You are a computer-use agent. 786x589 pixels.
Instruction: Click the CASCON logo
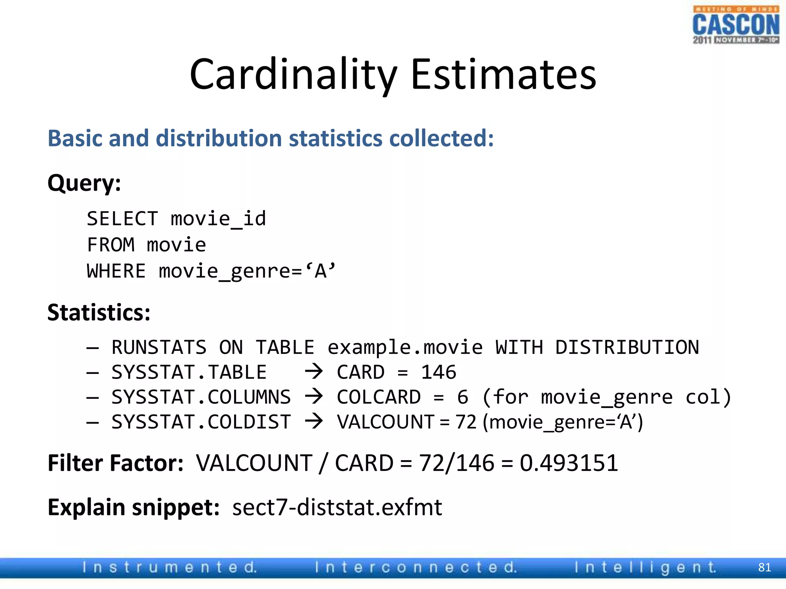tap(736, 25)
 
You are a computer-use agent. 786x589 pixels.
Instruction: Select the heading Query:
tap(84, 183)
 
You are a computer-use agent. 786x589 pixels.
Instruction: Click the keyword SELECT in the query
tap(122, 219)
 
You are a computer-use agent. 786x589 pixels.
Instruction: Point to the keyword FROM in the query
tap(111, 245)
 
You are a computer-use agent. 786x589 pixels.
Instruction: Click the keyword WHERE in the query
tap(116, 271)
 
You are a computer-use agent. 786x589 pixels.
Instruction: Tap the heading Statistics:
tap(99, 312)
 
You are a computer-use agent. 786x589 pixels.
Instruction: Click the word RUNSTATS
tap(159, 347)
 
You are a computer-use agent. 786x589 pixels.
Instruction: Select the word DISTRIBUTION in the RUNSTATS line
tap(627, 347)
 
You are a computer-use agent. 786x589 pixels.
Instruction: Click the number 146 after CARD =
tap(438, 372)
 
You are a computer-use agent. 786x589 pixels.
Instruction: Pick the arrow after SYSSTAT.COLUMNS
tap(314, 397)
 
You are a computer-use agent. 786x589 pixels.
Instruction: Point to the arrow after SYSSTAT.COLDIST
tap(314, 421)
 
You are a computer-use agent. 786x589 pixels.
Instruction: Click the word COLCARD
tap(378, 397)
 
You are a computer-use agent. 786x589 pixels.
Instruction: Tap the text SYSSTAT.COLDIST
tap(201, 422)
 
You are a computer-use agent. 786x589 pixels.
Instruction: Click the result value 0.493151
tap(568, 463)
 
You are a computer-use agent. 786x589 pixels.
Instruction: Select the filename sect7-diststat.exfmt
tap(337, 507)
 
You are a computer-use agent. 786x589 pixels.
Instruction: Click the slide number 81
tap(765, 567)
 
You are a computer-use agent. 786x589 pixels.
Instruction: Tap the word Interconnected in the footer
tap(416, 567)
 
